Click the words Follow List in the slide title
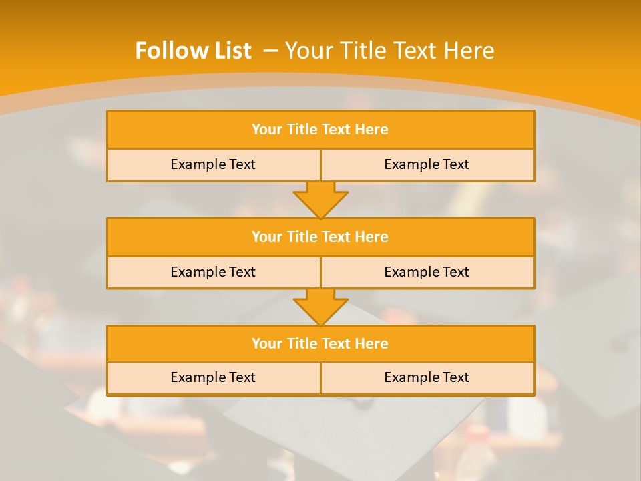click(193, 51)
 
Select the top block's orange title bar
click(320, 130)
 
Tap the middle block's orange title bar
click(320, 236)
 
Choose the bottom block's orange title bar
click(320, 343)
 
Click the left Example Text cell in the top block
click(213, 164)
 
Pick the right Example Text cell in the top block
click(427, 164)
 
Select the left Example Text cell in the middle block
click(213, 272)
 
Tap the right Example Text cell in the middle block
click(427, 272)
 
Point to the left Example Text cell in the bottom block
click(213, 377)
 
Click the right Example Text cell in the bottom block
click(427, 377)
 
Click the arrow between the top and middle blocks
click(320, 199)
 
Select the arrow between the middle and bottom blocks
click(320, 307)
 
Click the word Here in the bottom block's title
click(372, 343)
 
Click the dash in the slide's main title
click(271, 51)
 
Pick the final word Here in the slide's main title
click(470, 51)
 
